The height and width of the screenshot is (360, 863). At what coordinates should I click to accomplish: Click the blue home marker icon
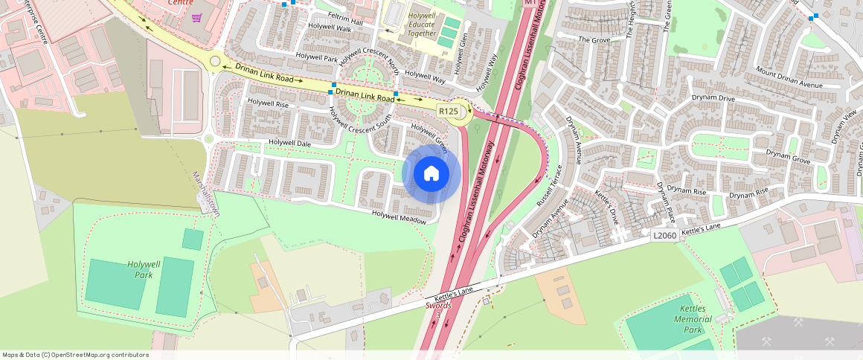[431, 174]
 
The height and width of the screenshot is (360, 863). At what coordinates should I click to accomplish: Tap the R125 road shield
[448, 112]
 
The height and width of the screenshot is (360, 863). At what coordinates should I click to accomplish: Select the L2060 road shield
[664, 235]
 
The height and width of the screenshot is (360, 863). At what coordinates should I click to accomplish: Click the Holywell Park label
[144, 269]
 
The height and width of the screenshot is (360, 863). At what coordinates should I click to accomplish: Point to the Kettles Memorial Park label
[692, 318]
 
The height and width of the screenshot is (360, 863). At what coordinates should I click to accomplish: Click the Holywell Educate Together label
[422, 25]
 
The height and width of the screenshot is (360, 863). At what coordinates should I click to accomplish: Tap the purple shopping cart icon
[196, 18]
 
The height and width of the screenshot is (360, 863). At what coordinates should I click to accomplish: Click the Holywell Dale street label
[290, 143]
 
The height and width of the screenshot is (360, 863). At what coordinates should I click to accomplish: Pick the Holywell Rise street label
[268, 104]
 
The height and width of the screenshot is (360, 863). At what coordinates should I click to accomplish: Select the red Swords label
[438, 306]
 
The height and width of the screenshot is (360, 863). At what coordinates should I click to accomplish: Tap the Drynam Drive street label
[712, 98]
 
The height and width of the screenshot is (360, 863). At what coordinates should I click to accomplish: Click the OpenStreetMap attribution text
[76, 355]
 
